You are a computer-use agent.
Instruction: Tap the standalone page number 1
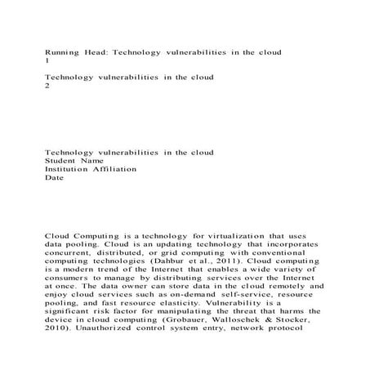[47, 61]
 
